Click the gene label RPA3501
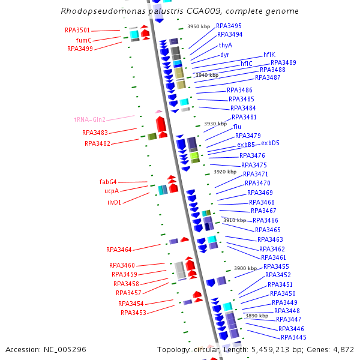(x=77, y=30)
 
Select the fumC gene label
(x=83, y=40)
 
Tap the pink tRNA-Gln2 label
(x=89, y=119)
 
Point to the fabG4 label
(x=108, y=182)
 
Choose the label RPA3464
(x=119, y=249)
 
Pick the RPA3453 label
(x=133, y=313)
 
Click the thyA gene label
(x=226, y=45)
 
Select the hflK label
(x=269, y=55)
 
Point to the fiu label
(x=237, y=127)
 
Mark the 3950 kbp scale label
(x=199, y=26)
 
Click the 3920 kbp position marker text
(x=224, y=172)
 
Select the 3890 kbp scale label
(x=256, y=316)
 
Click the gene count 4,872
(x=342, y=349)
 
